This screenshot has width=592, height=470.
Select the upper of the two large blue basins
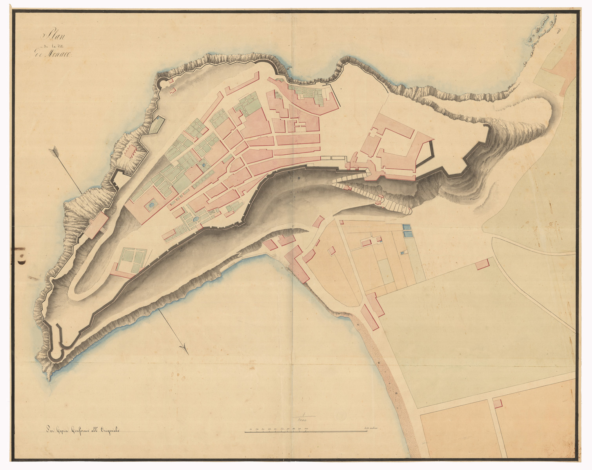(x=407, y=227)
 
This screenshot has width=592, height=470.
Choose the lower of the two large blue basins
(x=407, y=234)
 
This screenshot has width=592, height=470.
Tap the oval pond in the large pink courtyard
(x=150, y=204)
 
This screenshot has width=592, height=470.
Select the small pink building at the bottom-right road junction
(x=497, y=403)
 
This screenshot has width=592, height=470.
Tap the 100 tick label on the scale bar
(x=306, y=429)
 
